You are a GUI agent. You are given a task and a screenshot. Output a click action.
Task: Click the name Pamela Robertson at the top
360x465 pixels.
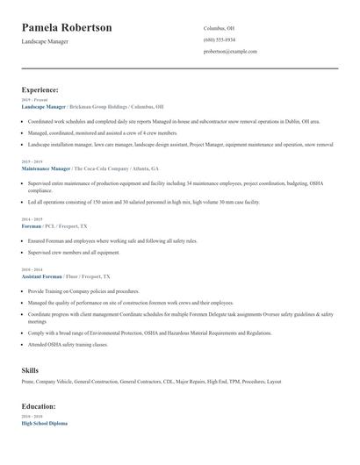[67, 28]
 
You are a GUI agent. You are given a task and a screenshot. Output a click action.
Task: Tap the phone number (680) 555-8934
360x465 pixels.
[219, 39]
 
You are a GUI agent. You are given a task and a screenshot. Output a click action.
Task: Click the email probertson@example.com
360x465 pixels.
[230, 52]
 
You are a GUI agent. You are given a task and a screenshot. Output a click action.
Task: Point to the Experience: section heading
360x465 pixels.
[40, 89]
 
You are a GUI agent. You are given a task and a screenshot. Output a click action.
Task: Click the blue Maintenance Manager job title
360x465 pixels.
[46, 168]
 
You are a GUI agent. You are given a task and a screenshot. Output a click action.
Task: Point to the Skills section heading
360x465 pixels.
[30, 370]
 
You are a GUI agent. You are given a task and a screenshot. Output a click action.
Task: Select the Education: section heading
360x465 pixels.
[40, 407]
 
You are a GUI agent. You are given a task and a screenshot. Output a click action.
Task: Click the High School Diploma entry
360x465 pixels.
[44, 423]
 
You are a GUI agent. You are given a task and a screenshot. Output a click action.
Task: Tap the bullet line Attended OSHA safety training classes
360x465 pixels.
[80, 345]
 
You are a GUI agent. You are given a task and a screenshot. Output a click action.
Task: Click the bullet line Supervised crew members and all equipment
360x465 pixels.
[75, 252]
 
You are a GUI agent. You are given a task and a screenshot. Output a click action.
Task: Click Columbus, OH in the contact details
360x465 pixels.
[219, 28]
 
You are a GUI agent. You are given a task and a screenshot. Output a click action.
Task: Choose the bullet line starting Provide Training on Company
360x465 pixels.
[83, 290]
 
